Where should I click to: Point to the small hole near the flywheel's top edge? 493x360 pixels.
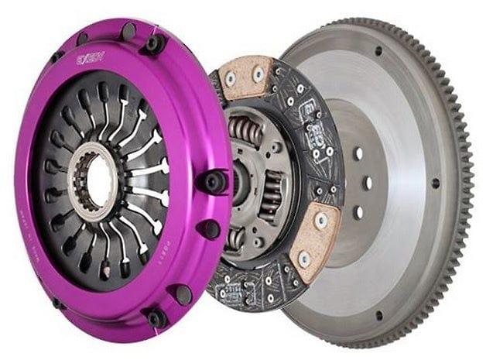378,52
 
